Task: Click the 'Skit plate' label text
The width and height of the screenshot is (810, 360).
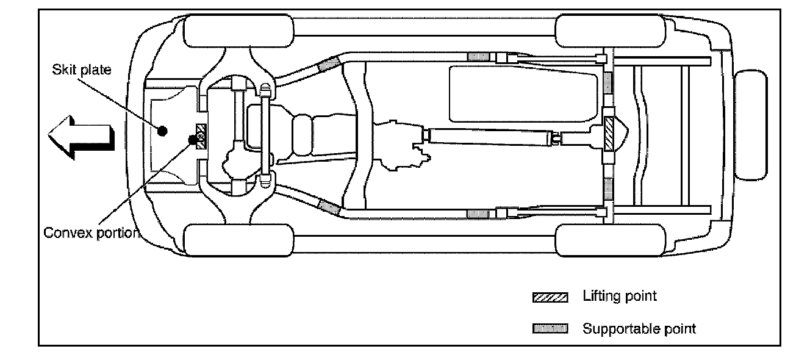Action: [x=81, y=70]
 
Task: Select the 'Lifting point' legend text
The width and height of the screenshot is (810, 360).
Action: [x=620, y=297]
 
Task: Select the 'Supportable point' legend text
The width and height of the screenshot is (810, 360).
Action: [x=639, y=329]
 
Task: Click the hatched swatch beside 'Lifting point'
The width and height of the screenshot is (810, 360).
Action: [x=550, y=298]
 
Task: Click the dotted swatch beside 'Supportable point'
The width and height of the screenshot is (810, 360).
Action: [x=550, y=329]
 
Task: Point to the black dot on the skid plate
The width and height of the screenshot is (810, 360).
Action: [x=162, y=131]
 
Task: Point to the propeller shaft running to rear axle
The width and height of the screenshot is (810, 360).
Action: [x=488, y=135]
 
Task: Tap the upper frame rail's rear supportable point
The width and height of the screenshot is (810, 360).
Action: [x=482, y=57]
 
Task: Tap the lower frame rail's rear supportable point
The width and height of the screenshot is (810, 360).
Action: [x=482, y=212]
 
